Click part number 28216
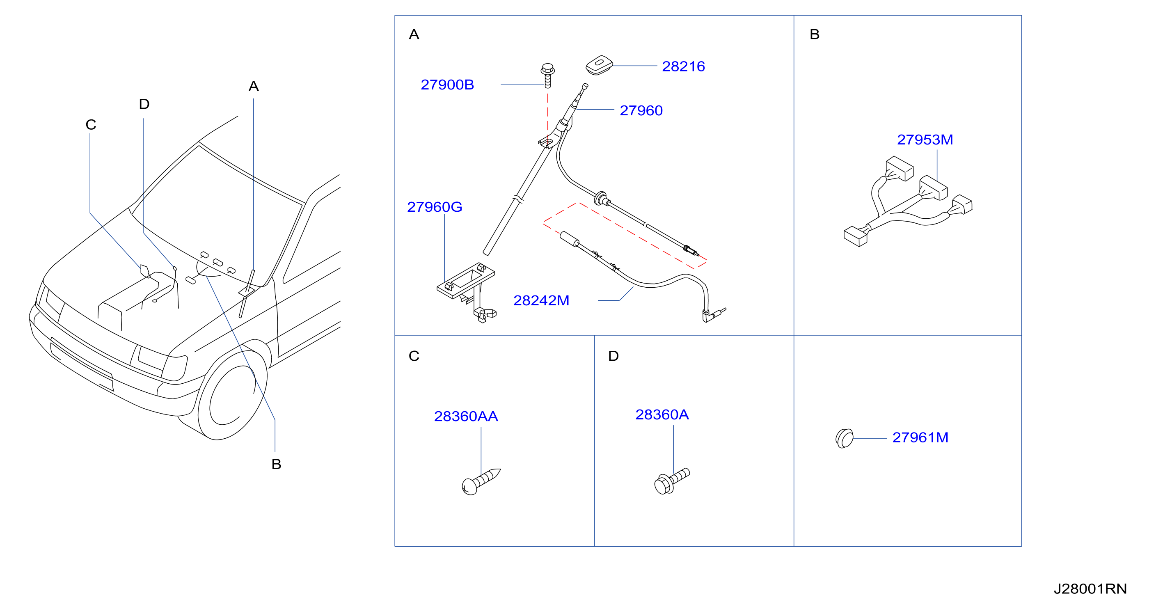click(683, 66)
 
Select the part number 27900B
click(447, 85)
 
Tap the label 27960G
click(435, 207)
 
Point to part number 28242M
click(541, 301)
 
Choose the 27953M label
click(925, 140)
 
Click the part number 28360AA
click(466, 416)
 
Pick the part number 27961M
click(920, 437)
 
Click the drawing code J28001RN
click(1090, 589)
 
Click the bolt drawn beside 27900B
click(548, 76)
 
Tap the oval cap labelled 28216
click(600, 65)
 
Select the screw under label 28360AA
click(481, 481)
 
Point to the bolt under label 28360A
click(671, 481)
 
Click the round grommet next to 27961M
click(845, 438)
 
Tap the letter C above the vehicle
click(91, 125)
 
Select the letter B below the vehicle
click(276, 465)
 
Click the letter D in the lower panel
click(613, 356)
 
